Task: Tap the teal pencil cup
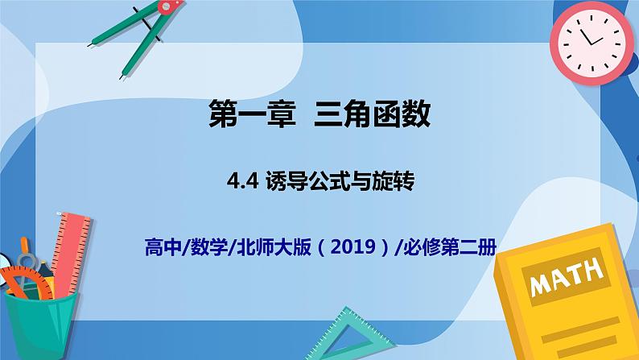tap(40, 322)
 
